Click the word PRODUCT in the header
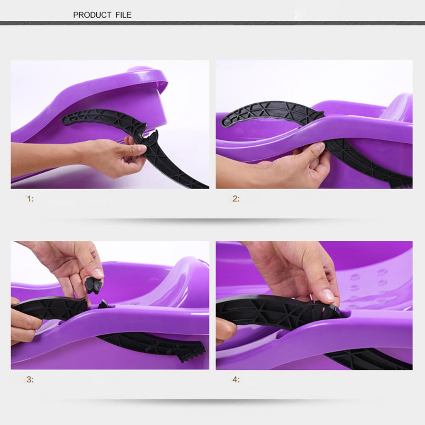click(x=92, y=15)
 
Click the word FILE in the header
click(x=123, y=15)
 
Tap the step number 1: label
click(x=30, y=199)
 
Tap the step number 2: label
click(x=236, y=199)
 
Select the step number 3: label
click(x=30, y=379)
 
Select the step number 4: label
click(x=236, y=379)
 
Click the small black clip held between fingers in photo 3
click(x=93, y=285)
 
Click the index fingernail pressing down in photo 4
click(x=328, y=295)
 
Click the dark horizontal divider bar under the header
click(x=212, y=23)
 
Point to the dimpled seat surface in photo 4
click(x=377, y=287)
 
